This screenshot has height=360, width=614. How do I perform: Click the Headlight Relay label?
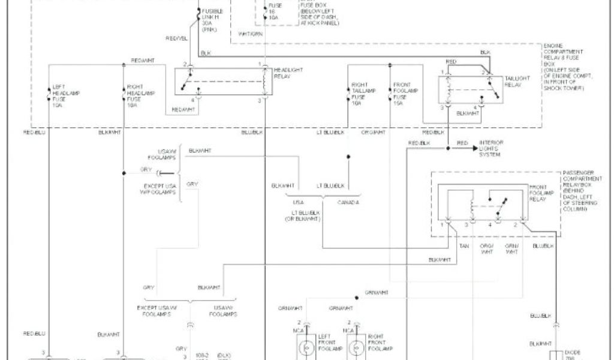coord(288,74)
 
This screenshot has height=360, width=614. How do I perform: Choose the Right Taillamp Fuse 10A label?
coord(363,94)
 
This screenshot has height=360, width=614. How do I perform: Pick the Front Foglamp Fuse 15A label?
coord(405,94)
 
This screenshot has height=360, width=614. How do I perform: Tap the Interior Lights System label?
coord(492,148)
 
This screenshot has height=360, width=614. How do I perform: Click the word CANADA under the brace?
coord(347,202)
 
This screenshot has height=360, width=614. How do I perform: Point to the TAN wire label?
coord(463,247)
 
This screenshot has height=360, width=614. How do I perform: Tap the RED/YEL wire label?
coord(176,38)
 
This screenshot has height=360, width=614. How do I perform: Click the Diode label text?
coord(573,352)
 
